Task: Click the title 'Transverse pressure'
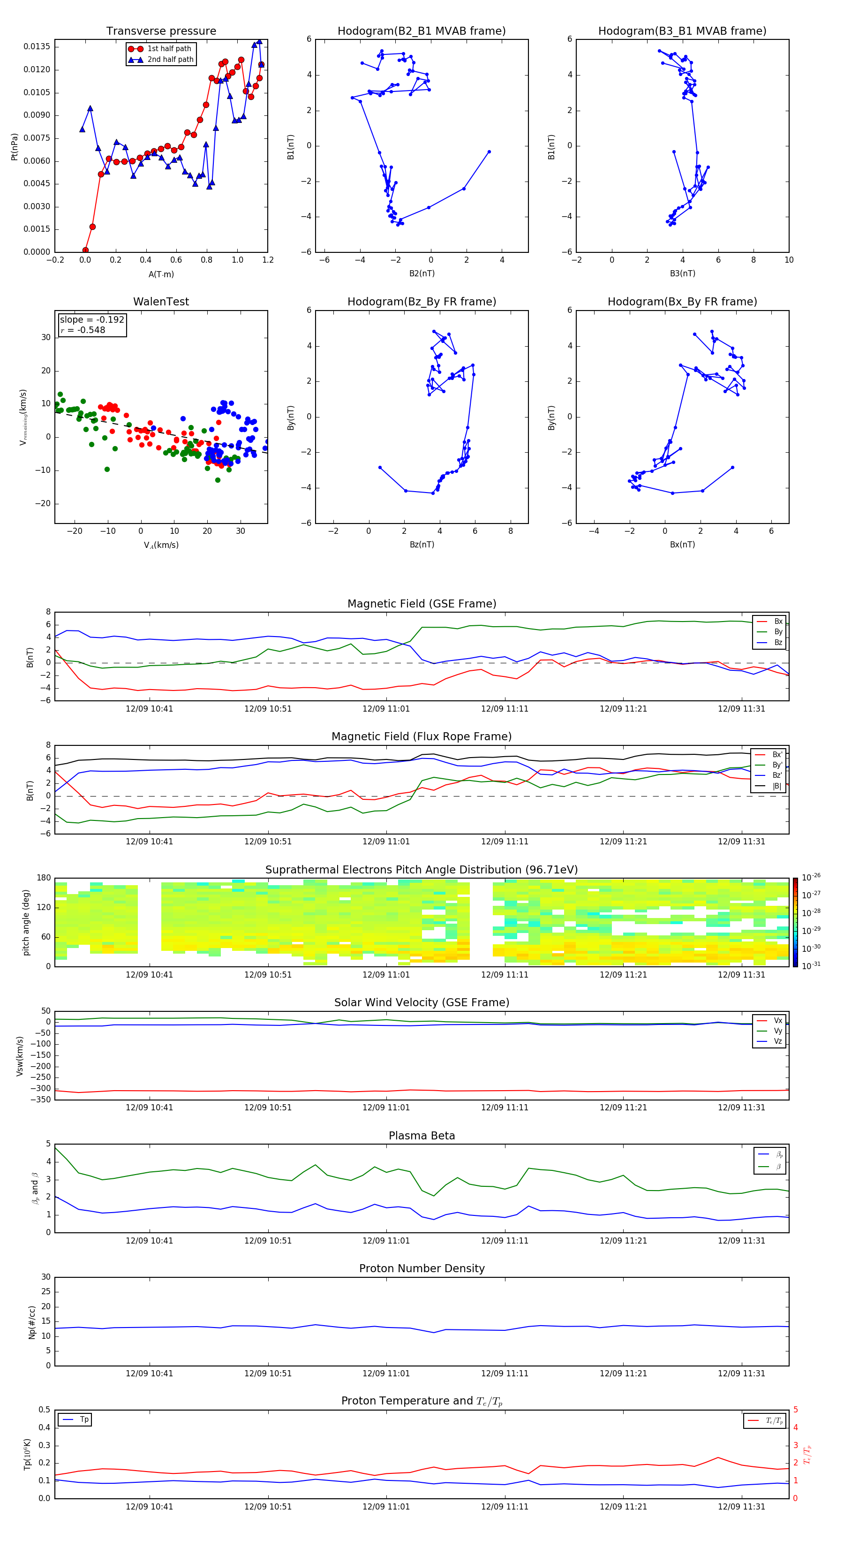pos(161,31)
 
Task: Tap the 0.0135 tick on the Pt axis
pos(37,47)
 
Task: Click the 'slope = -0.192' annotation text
pos(92,320)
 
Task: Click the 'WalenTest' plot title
pos(161,302)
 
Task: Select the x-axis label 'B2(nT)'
pos(422,273)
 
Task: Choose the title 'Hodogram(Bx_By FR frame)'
pos(682,302)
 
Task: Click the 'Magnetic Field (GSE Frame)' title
pos(422,604)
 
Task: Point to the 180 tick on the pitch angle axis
pos(44,878)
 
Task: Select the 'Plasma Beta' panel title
pos(422,1136)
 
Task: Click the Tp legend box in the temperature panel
pos(75,1419)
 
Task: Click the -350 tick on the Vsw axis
pos(41,1100)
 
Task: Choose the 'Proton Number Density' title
pos(422,1268)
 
